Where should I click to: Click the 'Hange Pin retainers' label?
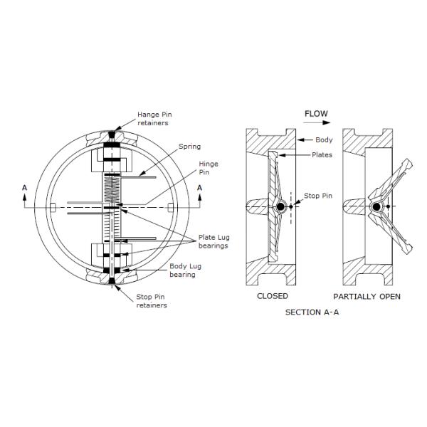pos(154,118)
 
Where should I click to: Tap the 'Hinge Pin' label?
pos(208,167)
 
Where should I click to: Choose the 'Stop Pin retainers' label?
pos(151,302)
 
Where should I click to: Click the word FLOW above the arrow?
pos(316,114)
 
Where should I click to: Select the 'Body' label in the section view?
pos(324,140)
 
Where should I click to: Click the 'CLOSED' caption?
pos(272,296)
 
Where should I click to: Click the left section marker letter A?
pos(25,187)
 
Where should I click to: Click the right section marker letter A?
pos(199,187)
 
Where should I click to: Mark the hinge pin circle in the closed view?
pos(282,207)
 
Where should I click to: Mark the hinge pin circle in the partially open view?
pos(375,207)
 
